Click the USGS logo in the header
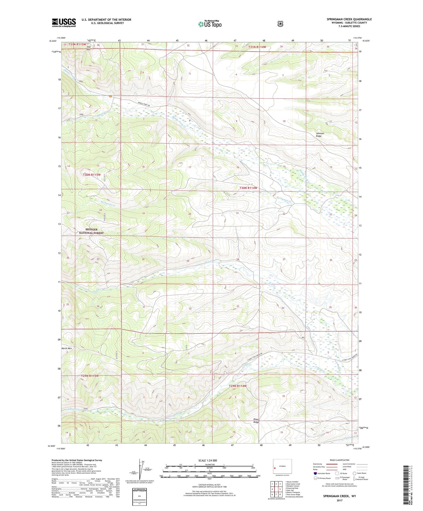(64, 23)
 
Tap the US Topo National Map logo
(210, 24)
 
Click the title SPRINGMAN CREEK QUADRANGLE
(349, 19)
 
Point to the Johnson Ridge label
(320, 135)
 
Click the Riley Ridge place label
(256, 421)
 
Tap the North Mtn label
(66, 348)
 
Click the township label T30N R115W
(92, 175)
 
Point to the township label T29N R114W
(237, 386)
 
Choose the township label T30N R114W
(248, 188)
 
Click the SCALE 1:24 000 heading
(208, 460)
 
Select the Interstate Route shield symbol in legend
(315, 473)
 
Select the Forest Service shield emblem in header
(280, 23)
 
